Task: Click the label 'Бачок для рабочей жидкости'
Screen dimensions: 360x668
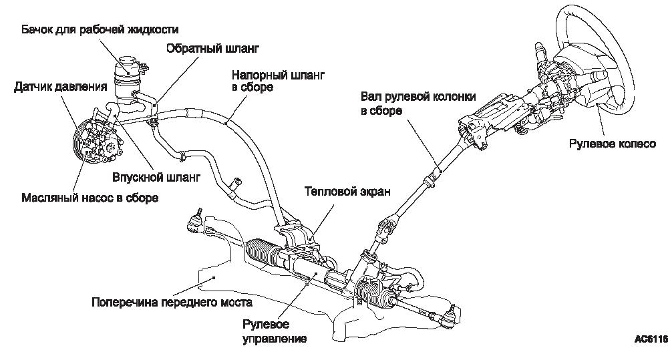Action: coord(100,29)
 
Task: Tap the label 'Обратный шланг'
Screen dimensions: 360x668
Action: coord(212,49)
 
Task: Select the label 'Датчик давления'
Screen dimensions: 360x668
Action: coord(61,87)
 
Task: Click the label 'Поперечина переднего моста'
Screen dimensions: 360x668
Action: coord(172,301)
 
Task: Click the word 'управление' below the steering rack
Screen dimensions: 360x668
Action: coord(275,339)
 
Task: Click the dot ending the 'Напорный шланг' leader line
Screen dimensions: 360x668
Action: coord(228,123)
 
